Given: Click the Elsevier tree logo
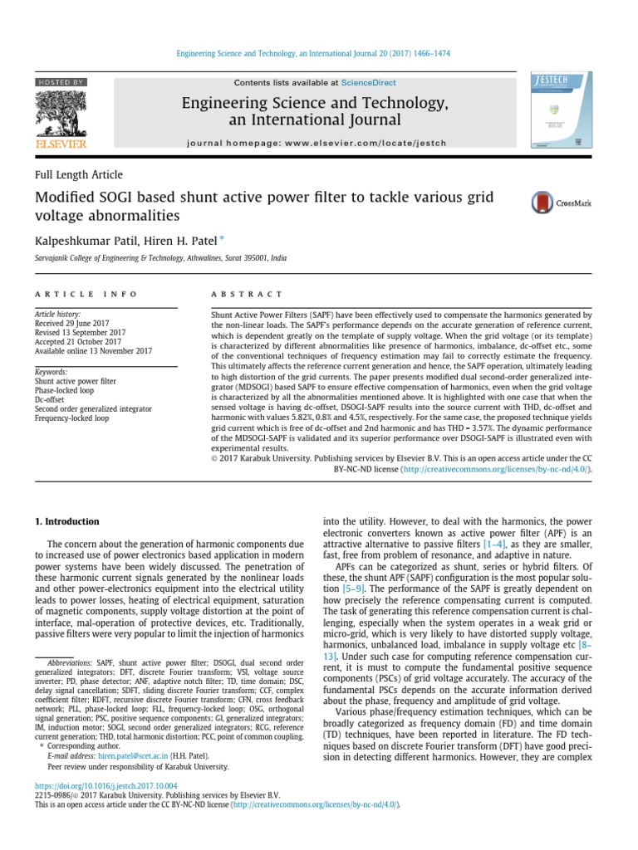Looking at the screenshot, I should click(x=61, y=115).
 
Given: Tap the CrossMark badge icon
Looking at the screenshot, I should click(x=543, y=203).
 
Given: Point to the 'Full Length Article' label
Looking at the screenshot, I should click(x=78, y=175).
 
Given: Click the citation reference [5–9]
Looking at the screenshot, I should click(x=346, y=588).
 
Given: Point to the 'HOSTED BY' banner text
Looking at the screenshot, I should click(x=61, y=83).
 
